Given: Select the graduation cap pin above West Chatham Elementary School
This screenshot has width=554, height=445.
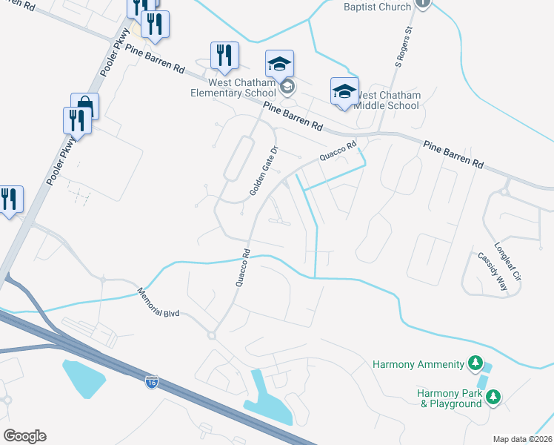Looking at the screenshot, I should click(280, 65).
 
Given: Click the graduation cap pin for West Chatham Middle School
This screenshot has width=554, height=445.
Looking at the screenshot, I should click(344, 91).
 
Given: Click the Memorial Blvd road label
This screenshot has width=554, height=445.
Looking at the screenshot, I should click(160, 303).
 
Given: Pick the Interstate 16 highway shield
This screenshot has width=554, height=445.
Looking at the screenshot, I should click(151, 382).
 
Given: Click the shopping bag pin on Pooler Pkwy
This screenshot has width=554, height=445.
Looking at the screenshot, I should click(84, 107).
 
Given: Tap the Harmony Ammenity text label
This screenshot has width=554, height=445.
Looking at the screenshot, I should click(417, 364).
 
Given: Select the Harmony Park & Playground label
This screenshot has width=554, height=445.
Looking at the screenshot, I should click(450, 398).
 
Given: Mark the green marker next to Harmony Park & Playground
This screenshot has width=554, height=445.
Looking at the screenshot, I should click(493, 398).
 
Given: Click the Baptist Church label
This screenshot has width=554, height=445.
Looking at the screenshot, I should click(377, 7).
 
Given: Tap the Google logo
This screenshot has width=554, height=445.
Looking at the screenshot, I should click(24, 436).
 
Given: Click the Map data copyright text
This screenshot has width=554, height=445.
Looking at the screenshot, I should click(522, 439).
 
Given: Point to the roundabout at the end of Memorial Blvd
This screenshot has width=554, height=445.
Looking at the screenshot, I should click(211, 335).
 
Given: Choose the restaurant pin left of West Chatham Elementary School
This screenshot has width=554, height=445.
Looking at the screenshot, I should click(224, 54).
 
